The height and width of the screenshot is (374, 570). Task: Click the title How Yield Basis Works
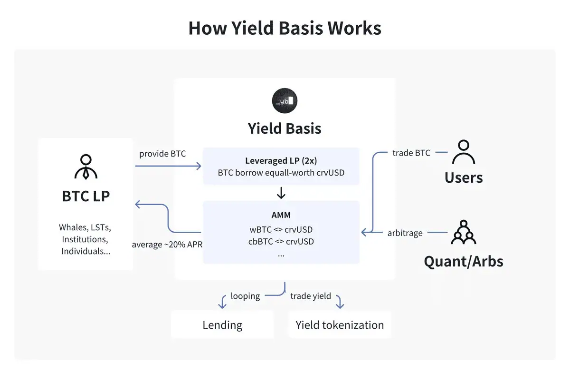coord(285,29)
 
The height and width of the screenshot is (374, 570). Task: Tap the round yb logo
coord(285,101)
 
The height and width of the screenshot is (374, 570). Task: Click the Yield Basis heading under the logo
coord(285,128)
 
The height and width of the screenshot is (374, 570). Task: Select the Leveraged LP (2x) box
coord(281,166)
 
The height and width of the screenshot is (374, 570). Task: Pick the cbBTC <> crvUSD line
coord(281,241)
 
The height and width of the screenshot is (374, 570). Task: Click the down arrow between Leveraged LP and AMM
coord(281,193)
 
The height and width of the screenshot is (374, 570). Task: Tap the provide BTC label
coord(162,154)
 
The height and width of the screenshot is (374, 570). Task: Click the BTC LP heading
coord(85,196)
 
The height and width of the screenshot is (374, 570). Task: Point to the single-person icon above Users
coord(463,152)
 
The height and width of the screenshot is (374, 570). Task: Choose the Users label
coord(464,177)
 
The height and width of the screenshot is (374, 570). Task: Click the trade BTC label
coord(411,153)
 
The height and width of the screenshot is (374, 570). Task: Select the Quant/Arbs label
coord(464,261)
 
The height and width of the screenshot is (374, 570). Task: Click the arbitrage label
coord(404,233)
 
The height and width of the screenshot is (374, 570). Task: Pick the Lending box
coord(222,325)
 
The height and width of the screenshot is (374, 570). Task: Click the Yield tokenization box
coord(340,325)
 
